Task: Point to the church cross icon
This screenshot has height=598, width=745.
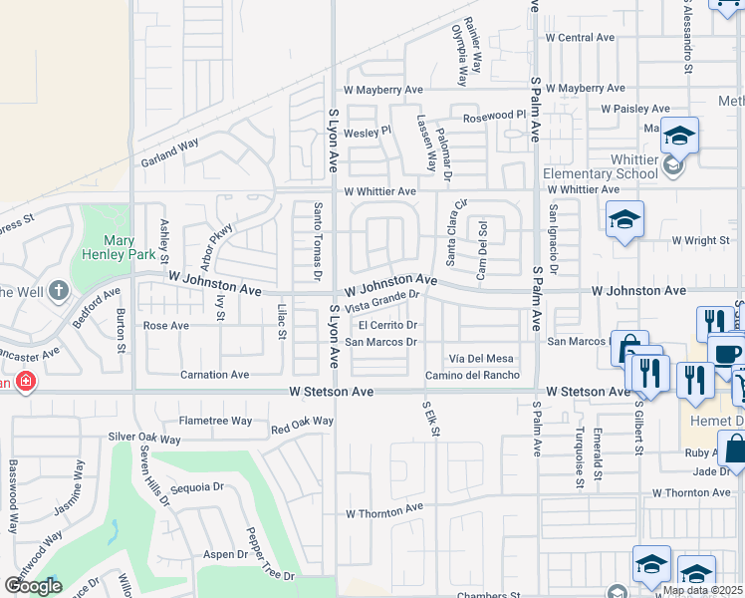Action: pyautogui.click(x=59, y=291)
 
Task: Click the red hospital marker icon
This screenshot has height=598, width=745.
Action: pyautogui.click(x=25, y=382)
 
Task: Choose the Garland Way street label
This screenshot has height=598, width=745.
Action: pyautogui.click(x=170, y=151)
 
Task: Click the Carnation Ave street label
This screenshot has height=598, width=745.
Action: pyautogui.click(x=214, y=375)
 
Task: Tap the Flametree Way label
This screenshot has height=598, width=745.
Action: pyautogui.click(x=216, y=421)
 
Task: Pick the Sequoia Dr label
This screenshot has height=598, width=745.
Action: pyautogui.click(x=197, y=487)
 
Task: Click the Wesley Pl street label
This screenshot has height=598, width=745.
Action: pyautogui.click(x=368, y=132)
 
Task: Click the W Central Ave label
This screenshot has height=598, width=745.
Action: pyautogui.click(x=579, y=38)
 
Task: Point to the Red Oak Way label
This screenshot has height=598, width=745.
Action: pyautogui.click(x=302, y=425)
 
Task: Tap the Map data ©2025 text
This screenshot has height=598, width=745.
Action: pyautogui.click(x=702, y=590)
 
